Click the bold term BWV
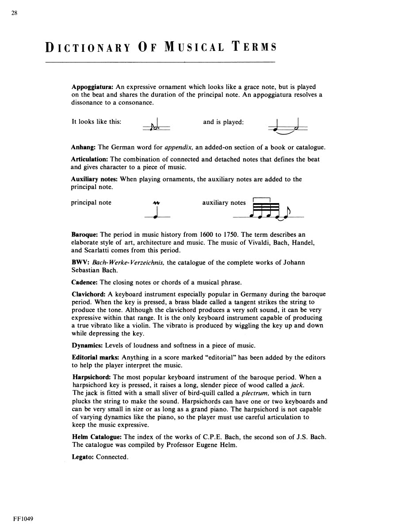pyautogui.click(x=78, y=262)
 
